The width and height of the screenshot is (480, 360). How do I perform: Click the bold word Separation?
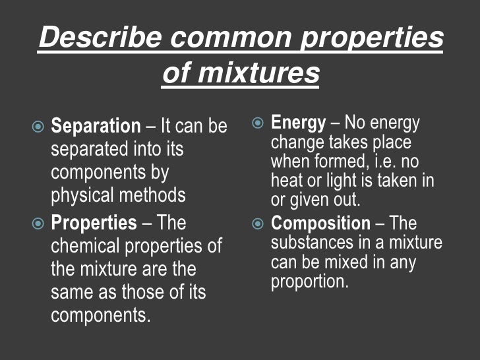click(96, 126)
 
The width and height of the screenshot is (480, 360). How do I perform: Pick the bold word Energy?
click(298, 123)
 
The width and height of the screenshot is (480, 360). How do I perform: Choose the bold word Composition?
click(320, 224)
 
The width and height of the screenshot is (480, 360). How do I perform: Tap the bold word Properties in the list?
click(94, 224)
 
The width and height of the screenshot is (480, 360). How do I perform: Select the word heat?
click(285, 181)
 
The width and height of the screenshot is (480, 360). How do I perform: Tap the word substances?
click(311, 243)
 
